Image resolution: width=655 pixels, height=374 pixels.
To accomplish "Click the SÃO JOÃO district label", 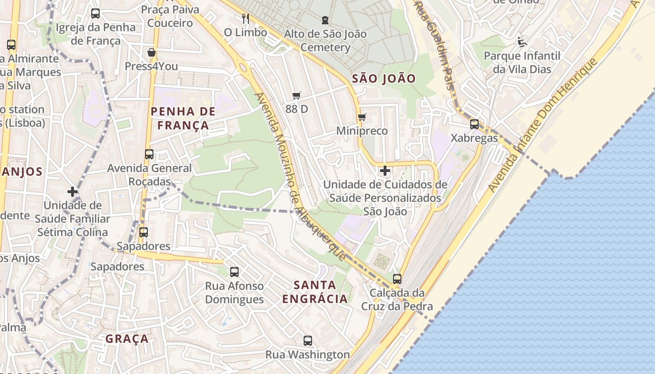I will click(384, 79).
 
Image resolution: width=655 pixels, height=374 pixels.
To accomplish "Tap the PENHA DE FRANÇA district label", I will click(183, 118).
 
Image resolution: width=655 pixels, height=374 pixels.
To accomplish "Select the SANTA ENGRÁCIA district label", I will click(315, 292).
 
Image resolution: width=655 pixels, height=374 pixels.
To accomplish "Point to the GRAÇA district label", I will click(127, 338).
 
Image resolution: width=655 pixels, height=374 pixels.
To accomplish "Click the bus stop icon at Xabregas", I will click(474, 124).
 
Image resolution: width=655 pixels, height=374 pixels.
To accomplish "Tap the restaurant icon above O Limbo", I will click(245, 18).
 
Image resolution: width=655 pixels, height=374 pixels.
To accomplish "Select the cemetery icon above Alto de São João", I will click(325, 20).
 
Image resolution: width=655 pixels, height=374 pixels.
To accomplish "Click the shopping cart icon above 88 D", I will click(296, 95).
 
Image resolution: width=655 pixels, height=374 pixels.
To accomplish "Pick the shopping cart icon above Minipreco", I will click(362, 117).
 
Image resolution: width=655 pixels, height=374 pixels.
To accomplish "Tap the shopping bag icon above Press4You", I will click(151, 52).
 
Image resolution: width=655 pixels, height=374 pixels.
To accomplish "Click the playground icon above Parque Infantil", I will click(522, 42).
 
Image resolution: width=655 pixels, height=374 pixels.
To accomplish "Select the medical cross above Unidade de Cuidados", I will click(385, 171).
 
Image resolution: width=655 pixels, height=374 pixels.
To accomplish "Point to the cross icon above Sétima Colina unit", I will click(72, 191).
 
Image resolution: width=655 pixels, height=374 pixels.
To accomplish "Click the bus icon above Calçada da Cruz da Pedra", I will click(397, 279).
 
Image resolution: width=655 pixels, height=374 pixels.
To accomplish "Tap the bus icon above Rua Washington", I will click(307, 341).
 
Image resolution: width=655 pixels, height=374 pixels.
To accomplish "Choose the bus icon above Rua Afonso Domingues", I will click(234, 272).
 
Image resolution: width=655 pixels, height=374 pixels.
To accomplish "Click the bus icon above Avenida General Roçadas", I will click(149, 154).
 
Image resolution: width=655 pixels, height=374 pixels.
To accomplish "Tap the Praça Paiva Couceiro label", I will click(170, 16).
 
